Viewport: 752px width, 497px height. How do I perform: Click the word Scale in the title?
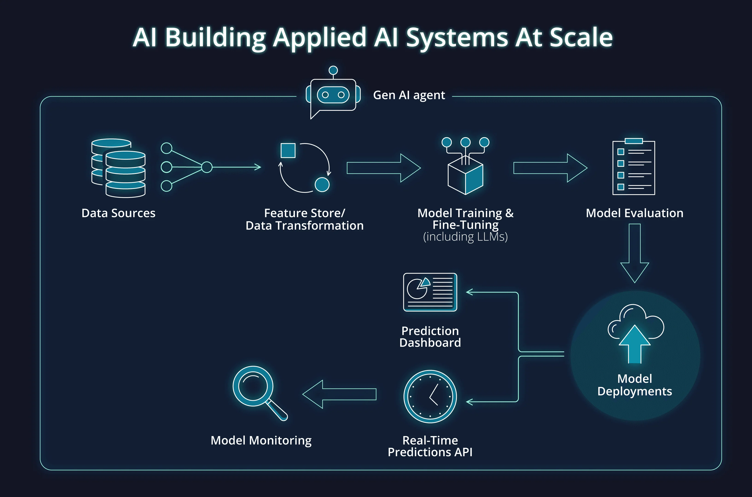pyautogui.click(x=581, y=38)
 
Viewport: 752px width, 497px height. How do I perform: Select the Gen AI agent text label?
pyautogui.click(x=409, y=95)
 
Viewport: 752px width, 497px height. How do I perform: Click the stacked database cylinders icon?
pyautogui.click(x=118, y=168)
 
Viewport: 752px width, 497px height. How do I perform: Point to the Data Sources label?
pyautogui.click(x=118, y=213)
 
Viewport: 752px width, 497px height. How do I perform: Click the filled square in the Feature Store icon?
pyautogui.click(x=288, y=150)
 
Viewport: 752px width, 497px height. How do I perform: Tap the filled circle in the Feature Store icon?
pyautogui.click(x=322, y=185)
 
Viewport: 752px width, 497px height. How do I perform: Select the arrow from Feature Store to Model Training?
pyautogui.click(x=383, y=168)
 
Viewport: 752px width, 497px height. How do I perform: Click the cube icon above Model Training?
pyautogui.click(x=465, y=176)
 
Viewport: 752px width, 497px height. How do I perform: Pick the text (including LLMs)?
pyautogui.click(x=465, y=237)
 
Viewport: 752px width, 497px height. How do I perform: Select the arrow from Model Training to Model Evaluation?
pyautogui.click(x=550, y=168)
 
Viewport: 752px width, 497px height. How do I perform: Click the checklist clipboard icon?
pyautogui.click(x=634, y=167)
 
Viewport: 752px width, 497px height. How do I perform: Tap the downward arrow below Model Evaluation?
pyautogui.click(x=634, y=254)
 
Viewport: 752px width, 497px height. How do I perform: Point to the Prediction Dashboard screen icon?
pyautogui.click(x=430, y=292)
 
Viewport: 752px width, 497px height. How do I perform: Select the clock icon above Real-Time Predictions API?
pyautogui.click(x=430, y=396)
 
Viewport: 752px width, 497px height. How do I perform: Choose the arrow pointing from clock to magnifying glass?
pyautogui.click(x=339, y=394)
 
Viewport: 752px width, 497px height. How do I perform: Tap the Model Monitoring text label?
pyautogui.click(x=261, y=440)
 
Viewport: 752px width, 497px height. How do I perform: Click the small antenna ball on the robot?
pyautogui.click(x=333, y=70)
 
